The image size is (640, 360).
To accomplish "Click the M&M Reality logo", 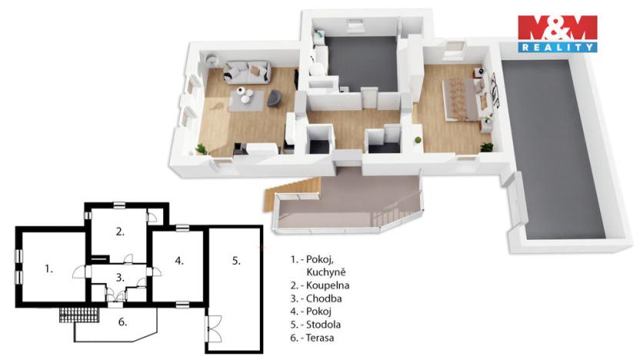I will click(557, 33).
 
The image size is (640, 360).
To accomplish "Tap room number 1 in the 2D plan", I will click(48, 268).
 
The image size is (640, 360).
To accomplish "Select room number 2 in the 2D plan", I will click(120, 231).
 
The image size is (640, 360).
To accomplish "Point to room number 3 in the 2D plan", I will click(120, 277).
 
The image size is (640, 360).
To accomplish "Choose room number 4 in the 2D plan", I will click(178, 261).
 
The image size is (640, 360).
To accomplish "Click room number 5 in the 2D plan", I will click(236, 261).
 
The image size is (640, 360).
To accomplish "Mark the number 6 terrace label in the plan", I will click(122, 322).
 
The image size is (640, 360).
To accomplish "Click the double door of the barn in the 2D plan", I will click(214, 333).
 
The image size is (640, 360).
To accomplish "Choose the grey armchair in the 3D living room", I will click(273, 98).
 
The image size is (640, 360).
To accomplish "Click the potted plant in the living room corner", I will click(202, 148).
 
